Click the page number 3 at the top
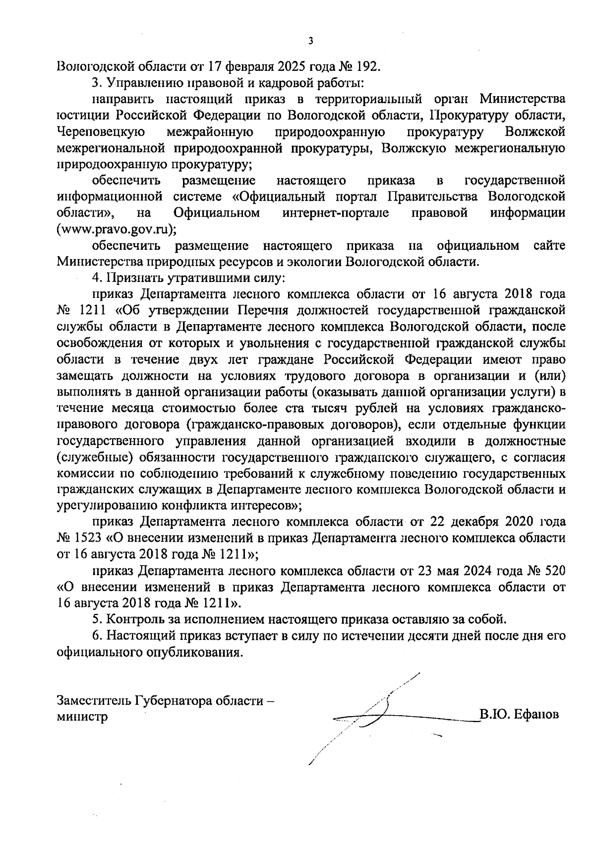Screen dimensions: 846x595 (310, 41)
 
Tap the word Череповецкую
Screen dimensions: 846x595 (101, 132)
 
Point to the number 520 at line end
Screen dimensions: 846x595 (554, 571)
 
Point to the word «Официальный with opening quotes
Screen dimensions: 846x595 (279, 197)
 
